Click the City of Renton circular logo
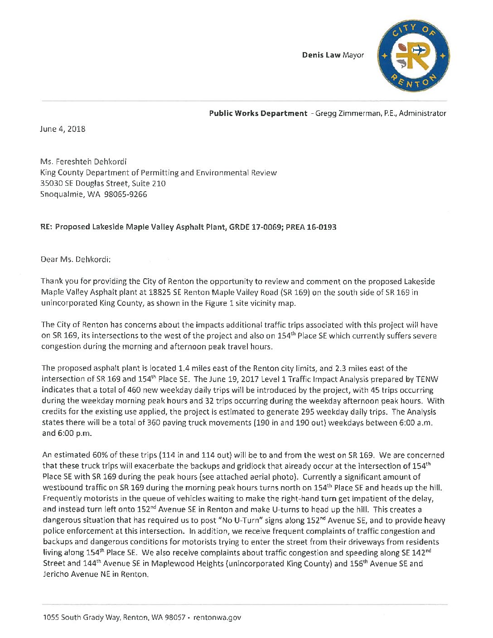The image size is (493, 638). click(x=413, y=56)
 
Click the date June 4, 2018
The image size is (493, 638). click(x=63, y=129)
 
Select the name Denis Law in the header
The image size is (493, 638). click(x=321, y=55)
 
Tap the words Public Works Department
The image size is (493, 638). click(x=258, y=113)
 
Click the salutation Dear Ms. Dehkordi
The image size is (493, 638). click(x=75, y=260)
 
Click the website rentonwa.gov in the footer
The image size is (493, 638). click(x=217, y=617)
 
